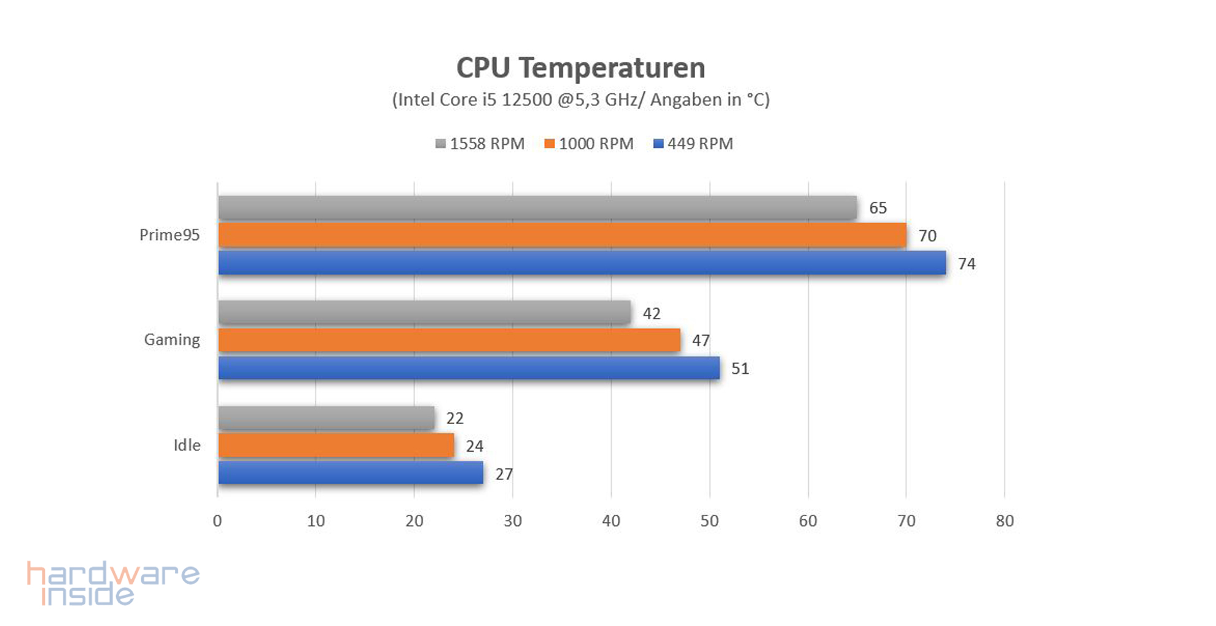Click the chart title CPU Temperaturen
pos(580,68)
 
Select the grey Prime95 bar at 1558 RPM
pos(537,207)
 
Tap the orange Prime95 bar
pos(562,235)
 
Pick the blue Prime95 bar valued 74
pos(582,263)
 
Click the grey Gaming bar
pos(424,312)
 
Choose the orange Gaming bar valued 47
pos(449,340)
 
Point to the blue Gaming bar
pos(469,368)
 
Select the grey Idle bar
pos(326,418)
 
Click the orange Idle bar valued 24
pos(336,446)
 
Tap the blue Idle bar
pos(351,473)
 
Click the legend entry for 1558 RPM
pos(480,144)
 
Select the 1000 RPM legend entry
pos(589,144)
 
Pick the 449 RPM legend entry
pos(693,144)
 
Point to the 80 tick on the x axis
pos(1005,521)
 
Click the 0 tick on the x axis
pos(217,521)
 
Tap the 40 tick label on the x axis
pos(611,521)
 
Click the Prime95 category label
pos(170,235)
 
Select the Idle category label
pos(187,445)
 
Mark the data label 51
pos(740,368)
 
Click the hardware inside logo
pos(113,583)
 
